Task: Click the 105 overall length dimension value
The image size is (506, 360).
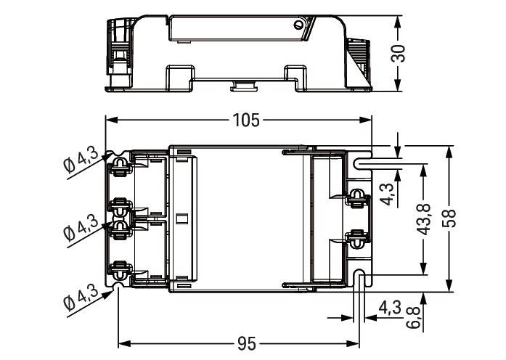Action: coord(245,120)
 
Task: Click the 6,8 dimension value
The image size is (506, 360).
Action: coord(414,317)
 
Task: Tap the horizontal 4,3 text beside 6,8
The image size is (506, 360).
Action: coord(390,308)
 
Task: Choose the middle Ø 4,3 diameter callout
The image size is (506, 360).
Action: coord(80,226)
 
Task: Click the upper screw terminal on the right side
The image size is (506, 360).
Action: coord(356,197)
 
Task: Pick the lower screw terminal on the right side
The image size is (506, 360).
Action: coord(356,236)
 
